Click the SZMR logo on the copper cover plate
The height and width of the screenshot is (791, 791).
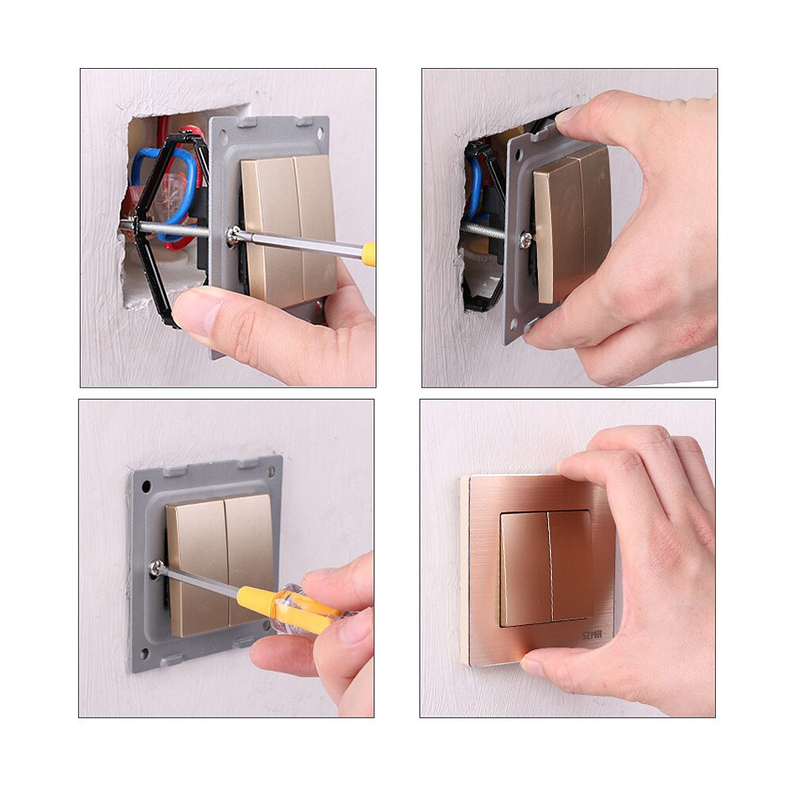pos(592,634)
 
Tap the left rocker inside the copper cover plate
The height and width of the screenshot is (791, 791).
pos(525,567)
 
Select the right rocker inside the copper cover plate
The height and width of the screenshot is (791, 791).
pos(572,565)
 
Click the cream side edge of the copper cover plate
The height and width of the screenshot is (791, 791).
pos(465,570)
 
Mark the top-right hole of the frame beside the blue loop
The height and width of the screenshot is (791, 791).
pos(320,126)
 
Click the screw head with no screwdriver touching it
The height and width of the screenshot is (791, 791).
pos(526,240)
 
